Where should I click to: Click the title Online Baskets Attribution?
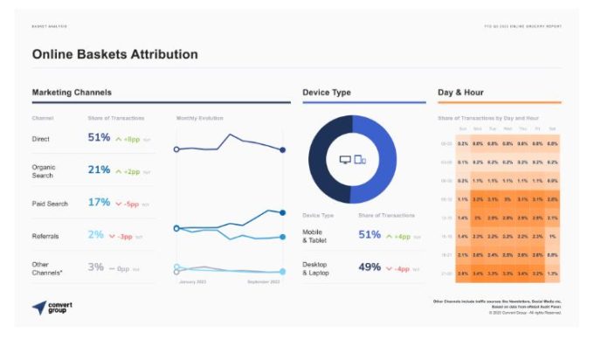(114, 54)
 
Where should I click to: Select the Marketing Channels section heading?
(72, 92)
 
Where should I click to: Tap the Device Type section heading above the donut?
(327, 92)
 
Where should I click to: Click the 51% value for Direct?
(99, 138)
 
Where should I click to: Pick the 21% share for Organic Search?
(99, 170)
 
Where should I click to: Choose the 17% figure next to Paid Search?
(99, 203)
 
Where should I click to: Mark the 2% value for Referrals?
(95, 235)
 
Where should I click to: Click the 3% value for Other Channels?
(95, 267)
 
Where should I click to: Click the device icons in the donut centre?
(352, 160)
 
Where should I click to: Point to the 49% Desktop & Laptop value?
(370, 267)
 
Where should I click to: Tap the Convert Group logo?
(52, 308)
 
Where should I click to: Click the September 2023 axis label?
(263, 281)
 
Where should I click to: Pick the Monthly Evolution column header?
(199, 118)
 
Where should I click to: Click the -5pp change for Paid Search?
(130, 204)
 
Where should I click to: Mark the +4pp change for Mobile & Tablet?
(400, 236)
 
